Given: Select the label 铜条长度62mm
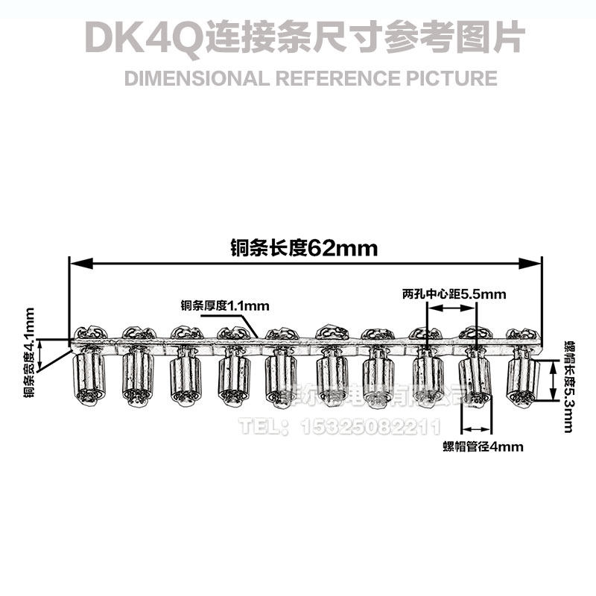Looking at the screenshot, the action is (304, 248).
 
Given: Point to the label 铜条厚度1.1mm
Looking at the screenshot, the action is (224, 305).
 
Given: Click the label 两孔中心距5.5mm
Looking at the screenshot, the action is (453, 294).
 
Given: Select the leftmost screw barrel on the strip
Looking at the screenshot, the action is (89, 376).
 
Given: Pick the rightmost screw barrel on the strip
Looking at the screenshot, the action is (523, 376).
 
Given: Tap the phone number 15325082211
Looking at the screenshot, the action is (370, 426).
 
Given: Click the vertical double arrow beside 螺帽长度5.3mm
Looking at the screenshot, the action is (553, 378).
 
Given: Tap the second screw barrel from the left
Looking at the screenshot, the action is (137, 376).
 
